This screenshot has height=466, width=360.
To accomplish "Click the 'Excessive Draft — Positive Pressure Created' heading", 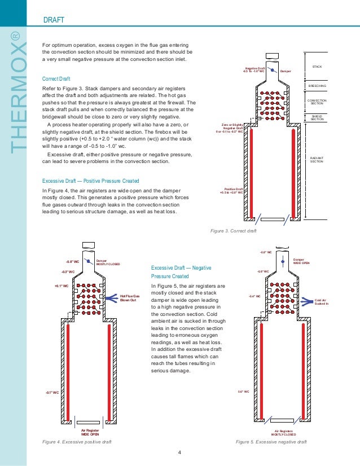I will pyautogui.click(x=91, y=181).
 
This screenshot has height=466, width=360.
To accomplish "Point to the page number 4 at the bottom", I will pyautogui.click(x=179, y=453).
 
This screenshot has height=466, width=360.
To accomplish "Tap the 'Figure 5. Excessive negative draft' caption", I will pyautogui.click(x=271, y=442).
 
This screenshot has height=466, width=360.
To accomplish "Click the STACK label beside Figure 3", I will pyautogui.click(x=317, y=67).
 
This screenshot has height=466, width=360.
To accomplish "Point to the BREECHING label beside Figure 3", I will pyautogui.click(x=317, y=86).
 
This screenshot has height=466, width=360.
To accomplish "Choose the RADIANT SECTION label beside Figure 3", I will pyautogui.click(x=317, y=160).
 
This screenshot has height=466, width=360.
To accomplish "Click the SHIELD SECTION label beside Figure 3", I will pyautogui.click(x=317, y=117).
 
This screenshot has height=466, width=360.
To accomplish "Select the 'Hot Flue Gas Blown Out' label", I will pyautogui.click(x=129, y=297).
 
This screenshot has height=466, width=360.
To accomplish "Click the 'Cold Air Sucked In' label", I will pyautogui.click(x=322, y=302).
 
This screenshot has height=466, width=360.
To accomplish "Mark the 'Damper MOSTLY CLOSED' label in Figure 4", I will pyautogui.click(x=108, y=262).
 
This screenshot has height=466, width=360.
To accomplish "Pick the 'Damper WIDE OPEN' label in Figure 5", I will pyautogui.click(x=302, y=261).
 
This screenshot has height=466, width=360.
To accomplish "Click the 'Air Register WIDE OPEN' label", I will pyautogui.click(x=89, y=432).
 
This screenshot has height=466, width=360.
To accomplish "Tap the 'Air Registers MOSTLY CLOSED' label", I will pyautogui.click(x=283, y=432).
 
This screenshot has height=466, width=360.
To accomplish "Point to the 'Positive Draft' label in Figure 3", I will pyautogui.click(x=234, y=191).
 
